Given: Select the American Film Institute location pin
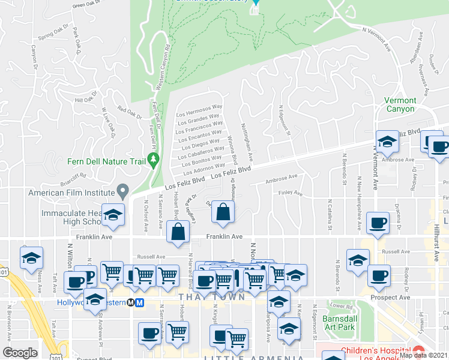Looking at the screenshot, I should point(122,192).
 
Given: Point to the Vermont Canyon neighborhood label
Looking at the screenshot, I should point(400,105).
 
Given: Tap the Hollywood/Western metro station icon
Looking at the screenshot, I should point(139,302).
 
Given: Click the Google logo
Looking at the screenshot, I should point(20,353).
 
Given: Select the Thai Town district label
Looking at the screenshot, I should point(211,297).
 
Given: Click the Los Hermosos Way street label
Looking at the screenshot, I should point(199,112).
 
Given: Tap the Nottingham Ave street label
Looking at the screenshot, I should point(247,146).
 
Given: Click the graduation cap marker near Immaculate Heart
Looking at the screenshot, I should point(112,216).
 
